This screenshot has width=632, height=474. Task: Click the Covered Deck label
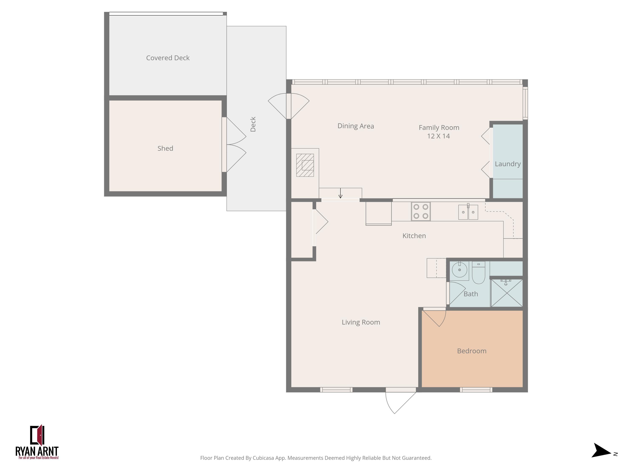click(168, 58)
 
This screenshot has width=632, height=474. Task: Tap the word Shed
click(165, 148)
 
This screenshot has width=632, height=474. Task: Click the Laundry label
click(507, 164)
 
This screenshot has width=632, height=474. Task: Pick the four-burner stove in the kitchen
click(420, 212)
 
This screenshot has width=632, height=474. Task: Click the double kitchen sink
click(468, 212)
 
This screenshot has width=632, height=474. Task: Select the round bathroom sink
click(459, 270)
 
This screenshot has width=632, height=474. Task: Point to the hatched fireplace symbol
click(305, 165)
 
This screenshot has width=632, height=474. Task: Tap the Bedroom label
click(471, 351)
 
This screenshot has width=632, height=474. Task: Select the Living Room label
click(361, 322)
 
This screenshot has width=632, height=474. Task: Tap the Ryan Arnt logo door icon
click(37, 435)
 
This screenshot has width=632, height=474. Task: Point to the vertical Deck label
click(253, 124)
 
